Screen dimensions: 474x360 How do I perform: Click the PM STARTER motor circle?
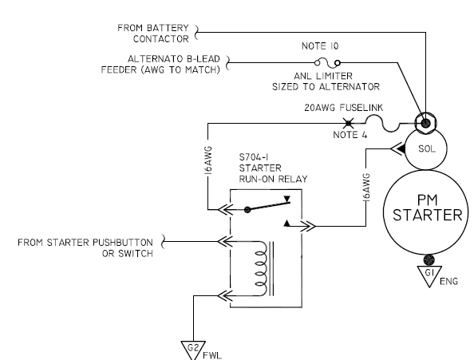click(x=425, y=170)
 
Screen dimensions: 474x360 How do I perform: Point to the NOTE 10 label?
click(x=320, y=46)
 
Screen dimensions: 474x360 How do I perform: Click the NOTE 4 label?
click(x=350, y=135)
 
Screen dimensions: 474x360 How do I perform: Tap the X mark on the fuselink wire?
click(x=349, y=123)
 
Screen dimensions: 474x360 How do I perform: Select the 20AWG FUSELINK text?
click(x=344, y=108)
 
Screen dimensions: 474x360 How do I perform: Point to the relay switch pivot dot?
click(x=247, y=209)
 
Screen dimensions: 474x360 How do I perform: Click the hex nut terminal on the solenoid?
click(x=425, y=123)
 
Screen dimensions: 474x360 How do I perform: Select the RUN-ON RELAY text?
click(x=273, y=179)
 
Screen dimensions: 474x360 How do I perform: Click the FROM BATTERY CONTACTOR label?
click(x=153, y=34)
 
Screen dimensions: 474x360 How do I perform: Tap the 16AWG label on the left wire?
click(x=208, y=160)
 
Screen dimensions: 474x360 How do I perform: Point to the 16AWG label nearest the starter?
click(x=366, y=188)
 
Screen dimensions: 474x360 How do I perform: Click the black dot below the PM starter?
click(x=429, y=259)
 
